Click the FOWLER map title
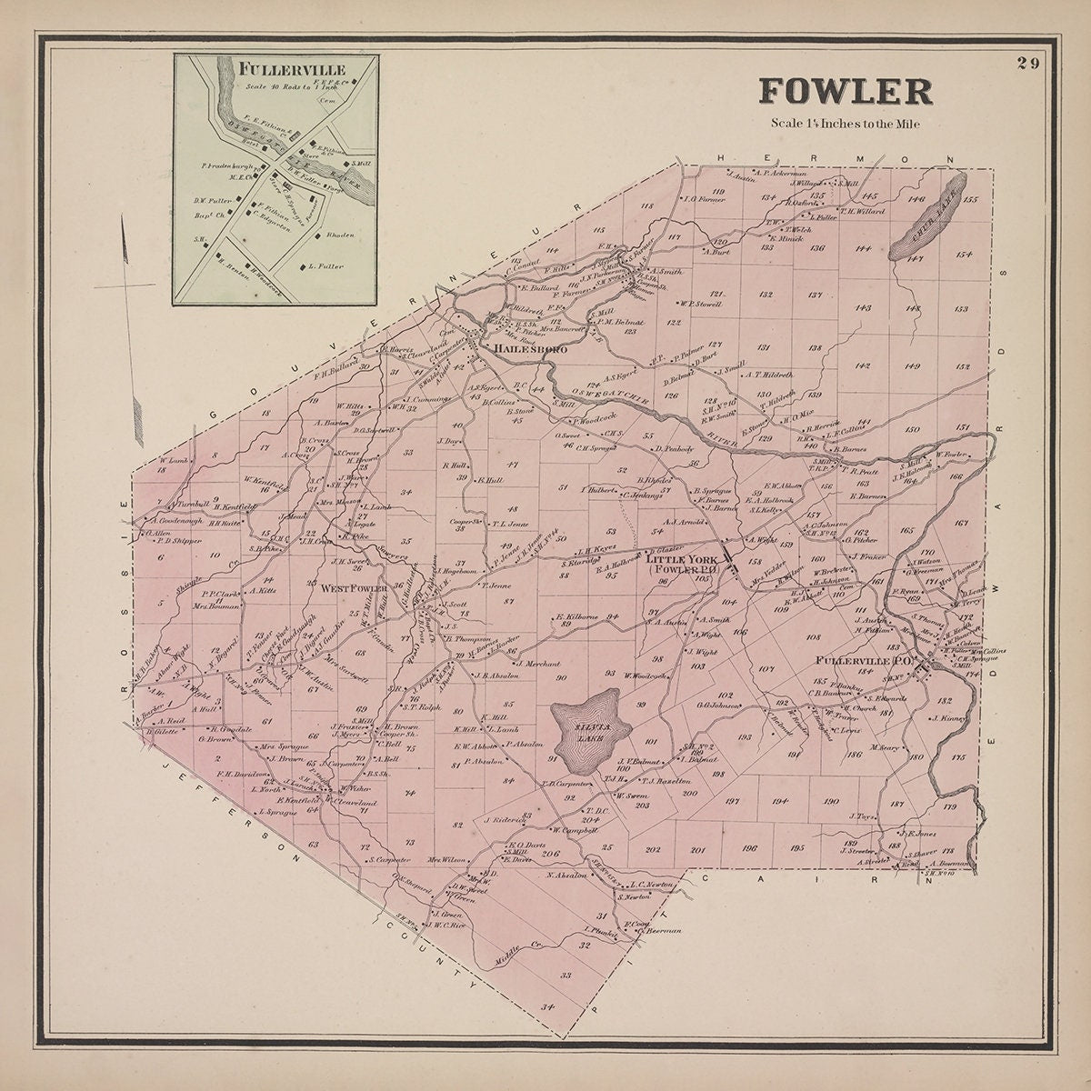click(845, 92)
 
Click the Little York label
click(682, 560)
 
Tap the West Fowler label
click(354, 588)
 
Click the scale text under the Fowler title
click(845, 124)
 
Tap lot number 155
click(970, 200)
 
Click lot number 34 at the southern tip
click(546, 1007)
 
